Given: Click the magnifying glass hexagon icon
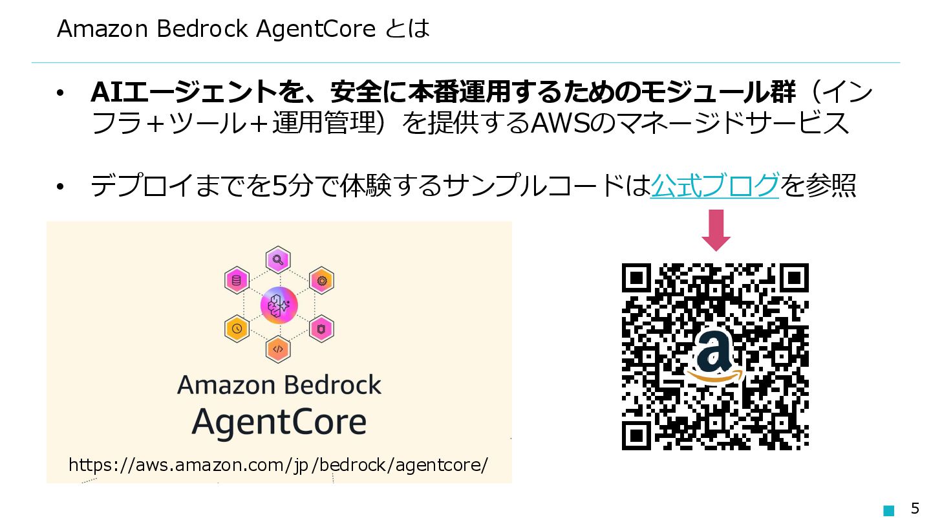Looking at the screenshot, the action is [x=278, y=260].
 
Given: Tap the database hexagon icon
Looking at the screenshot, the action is [x=237, y=281].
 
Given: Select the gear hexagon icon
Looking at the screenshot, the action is [x=321, y=281].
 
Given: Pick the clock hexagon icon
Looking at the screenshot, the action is [x=237, y=329].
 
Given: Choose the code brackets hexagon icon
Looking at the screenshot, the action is [x=278, y=349].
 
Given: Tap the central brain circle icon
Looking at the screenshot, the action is [x=279, y=305].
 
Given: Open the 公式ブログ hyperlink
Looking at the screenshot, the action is [x=714, y=186].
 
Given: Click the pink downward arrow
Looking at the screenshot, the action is [x=716, y=230].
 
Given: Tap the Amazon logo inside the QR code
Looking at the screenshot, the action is [x=714, y=357].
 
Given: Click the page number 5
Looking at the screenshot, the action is [x=915, y=508].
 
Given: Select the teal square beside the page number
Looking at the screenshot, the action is [x=889, y=510].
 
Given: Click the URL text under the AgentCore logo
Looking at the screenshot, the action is [x=278, y=465].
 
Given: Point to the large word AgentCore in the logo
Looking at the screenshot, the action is [x=279, y=422].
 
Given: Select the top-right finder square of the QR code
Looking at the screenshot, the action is [x=795, y=278].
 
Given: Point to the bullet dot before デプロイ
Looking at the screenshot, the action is [x=61, y=188].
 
